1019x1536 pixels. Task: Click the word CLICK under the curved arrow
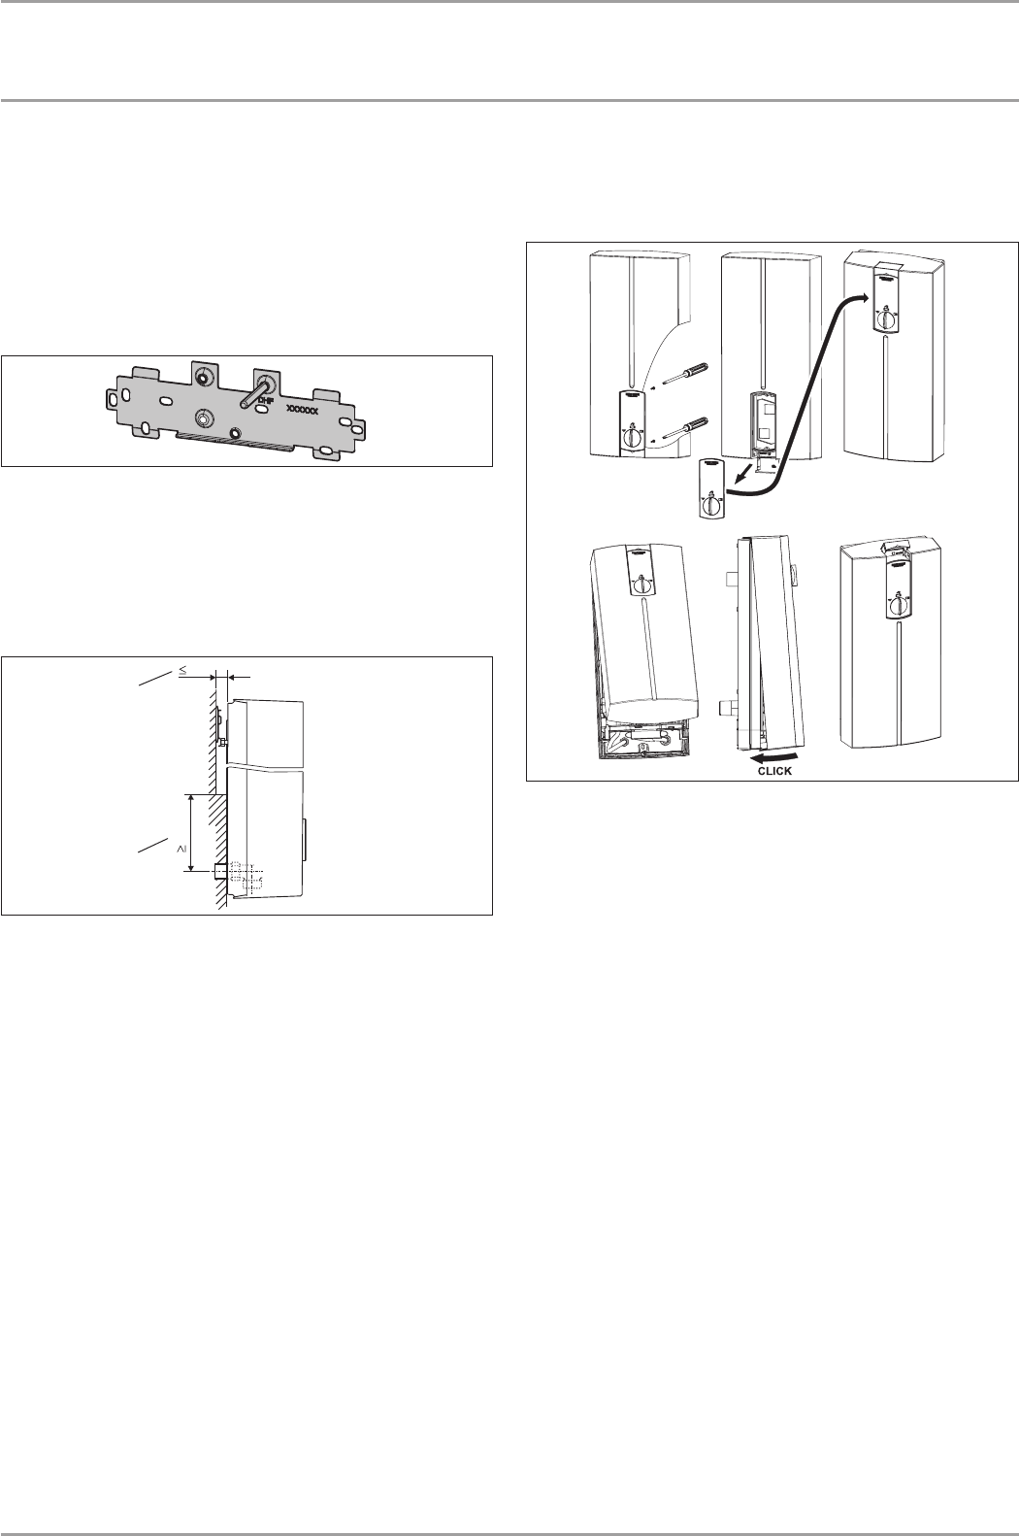pos(774,772)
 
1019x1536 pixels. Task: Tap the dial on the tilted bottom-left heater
pos(641,585)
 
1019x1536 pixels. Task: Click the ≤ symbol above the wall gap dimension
pos(181,669)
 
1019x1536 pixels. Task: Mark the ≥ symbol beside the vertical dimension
pos(181,849)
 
